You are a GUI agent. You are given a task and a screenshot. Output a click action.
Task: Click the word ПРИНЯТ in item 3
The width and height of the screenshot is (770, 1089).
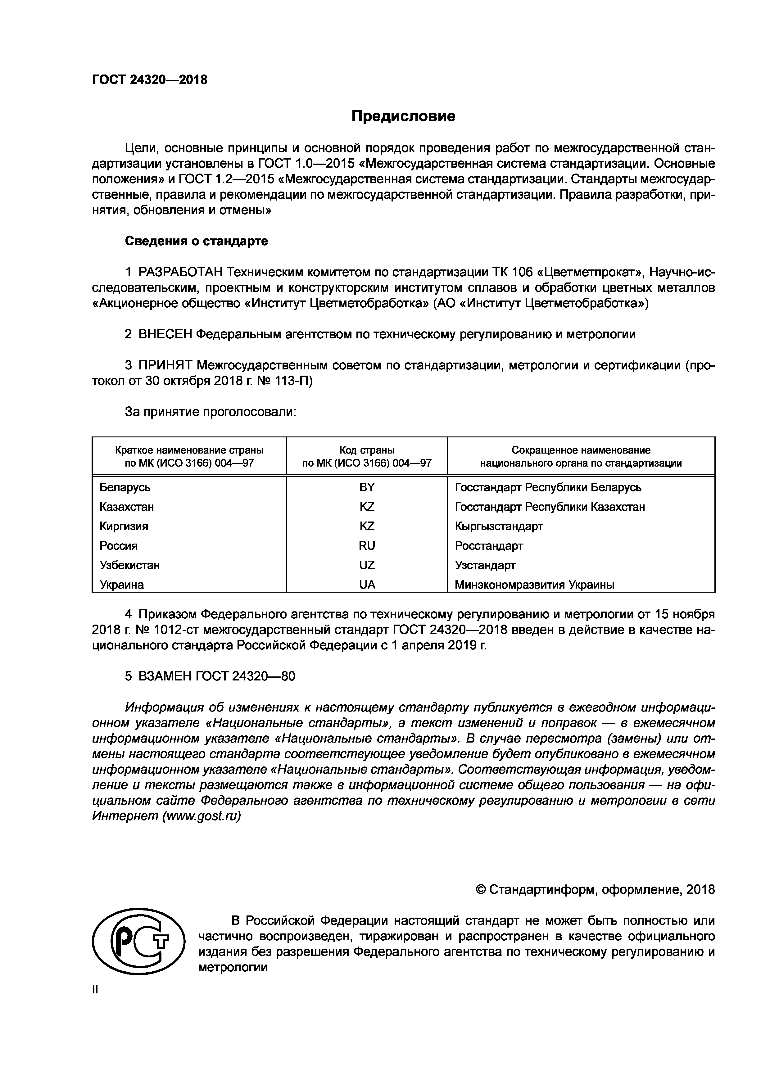(165, 365)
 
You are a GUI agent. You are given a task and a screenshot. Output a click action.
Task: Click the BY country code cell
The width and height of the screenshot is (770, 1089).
(367, 487)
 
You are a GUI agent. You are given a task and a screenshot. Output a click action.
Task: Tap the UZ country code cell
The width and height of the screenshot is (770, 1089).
(367, 565)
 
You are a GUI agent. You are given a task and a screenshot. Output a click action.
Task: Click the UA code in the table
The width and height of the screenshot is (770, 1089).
(367, 585)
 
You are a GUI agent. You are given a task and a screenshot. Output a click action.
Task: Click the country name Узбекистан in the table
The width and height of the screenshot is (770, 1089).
(129, 565)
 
